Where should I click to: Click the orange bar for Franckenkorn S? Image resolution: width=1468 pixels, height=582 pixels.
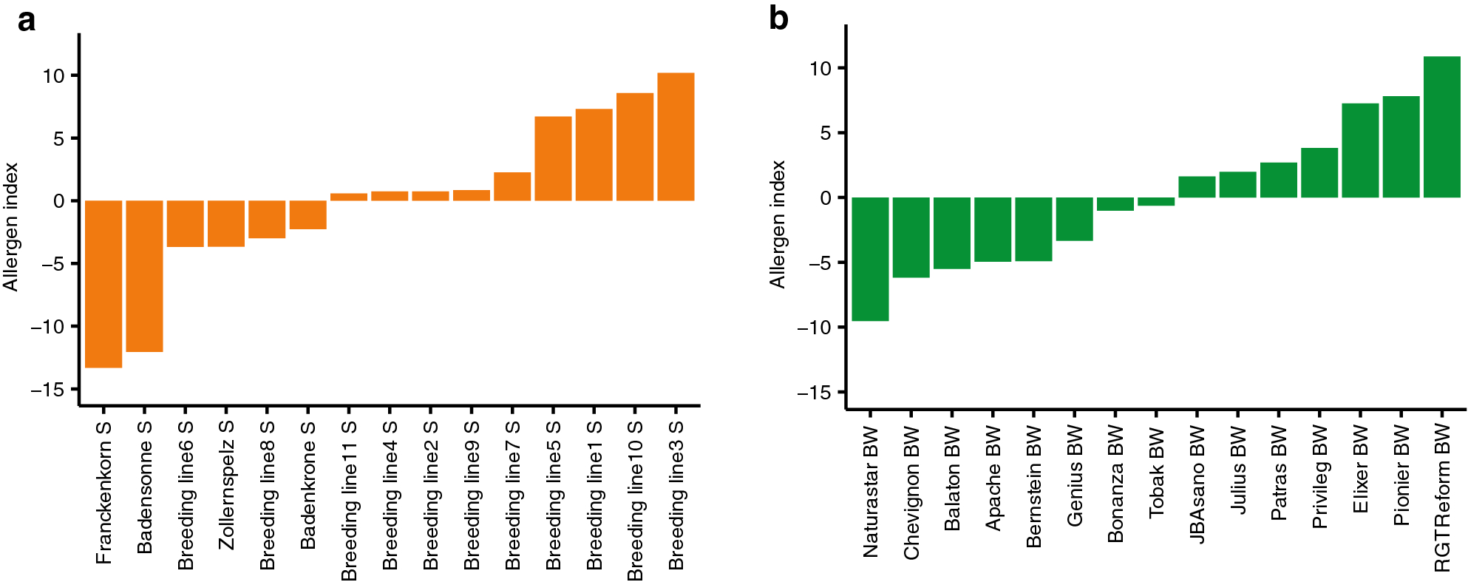103,284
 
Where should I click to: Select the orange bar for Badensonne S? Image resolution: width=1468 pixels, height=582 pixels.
144,276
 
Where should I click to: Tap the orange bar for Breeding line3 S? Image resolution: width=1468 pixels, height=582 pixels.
676,137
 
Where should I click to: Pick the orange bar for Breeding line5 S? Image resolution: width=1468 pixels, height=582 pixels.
553,158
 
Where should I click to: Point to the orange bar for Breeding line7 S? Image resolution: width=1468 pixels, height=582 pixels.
512,186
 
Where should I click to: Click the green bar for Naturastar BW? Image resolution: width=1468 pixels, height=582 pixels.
870,259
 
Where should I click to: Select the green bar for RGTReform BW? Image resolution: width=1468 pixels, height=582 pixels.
1441,127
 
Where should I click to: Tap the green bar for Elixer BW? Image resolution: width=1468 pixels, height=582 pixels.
1360,150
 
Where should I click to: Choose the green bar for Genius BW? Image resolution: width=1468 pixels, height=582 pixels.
1074,219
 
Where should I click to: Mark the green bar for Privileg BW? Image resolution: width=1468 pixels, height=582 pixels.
1319,172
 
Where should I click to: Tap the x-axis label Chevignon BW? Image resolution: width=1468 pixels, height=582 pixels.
911,493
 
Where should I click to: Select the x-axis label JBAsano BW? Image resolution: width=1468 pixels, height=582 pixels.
1197,484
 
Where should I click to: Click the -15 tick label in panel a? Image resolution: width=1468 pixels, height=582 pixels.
48,390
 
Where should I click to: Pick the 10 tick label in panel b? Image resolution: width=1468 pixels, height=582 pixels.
820,69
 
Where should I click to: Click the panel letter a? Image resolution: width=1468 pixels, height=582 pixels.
27,21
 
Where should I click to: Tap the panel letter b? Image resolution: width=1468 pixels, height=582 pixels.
778,18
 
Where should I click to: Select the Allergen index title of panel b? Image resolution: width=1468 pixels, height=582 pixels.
777,224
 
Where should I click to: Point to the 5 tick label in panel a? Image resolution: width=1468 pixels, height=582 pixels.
58,139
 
